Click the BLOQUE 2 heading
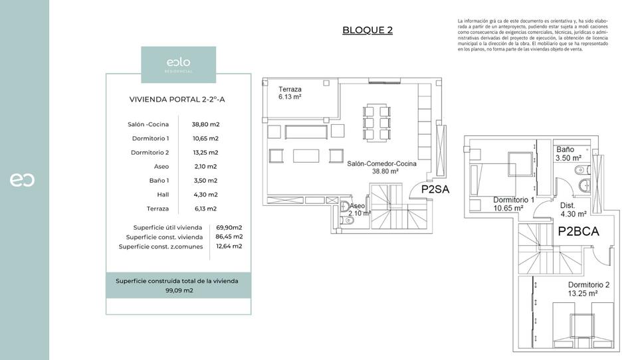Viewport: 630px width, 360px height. coord(367,30)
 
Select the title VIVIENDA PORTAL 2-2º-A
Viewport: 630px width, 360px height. coord(177,100)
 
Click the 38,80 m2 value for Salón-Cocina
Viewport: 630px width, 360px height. coord(205,124)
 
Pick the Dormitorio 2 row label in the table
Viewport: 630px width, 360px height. coord(150,152)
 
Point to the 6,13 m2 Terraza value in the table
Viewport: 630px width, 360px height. coord(205,209)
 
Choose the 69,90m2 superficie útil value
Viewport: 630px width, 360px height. coord(229,226)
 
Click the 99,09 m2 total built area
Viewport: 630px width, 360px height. coord(178,290)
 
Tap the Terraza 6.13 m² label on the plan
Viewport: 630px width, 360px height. coord(290,93)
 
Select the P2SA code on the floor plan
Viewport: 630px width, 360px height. coord(436,189)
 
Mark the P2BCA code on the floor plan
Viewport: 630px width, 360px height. coord(578,232)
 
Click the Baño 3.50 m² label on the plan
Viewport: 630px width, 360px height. coord(568,154)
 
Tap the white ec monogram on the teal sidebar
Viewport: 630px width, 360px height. coord(22,179)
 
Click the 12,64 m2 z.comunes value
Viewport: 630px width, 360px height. coord(229,246)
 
